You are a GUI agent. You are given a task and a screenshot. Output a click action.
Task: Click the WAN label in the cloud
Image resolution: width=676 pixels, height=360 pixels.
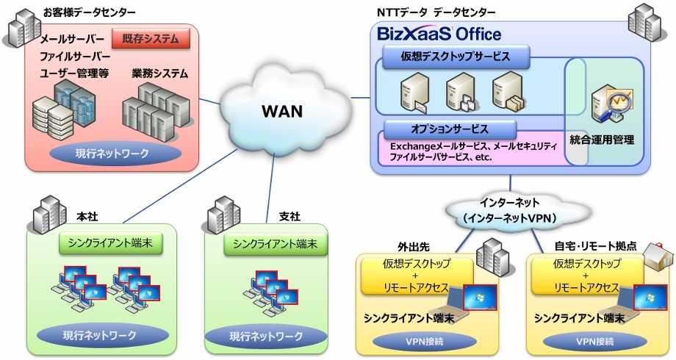click(x=282, y=111)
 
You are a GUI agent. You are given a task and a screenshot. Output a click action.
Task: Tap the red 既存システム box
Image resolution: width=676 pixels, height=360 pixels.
click(x=151, y=39)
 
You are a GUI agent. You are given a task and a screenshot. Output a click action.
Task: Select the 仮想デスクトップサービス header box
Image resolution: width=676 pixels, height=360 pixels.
click(x=456, y=57)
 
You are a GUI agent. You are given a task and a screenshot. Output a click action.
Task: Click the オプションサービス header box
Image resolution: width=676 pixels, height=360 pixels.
click(x=450, y=129)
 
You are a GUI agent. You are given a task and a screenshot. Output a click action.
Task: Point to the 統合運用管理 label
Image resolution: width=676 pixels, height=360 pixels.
click(x=602, y=140)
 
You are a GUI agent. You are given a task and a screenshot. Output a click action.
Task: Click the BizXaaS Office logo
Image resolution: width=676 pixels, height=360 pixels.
click(x=439, y=34)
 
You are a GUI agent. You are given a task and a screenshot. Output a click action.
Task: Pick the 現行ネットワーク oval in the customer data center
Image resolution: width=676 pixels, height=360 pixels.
click(x=112, y=154)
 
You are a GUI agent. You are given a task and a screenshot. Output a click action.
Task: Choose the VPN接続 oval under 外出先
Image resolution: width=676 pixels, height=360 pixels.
click(x=424, y=342)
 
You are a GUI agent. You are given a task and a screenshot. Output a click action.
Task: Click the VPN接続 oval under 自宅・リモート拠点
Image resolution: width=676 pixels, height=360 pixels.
click(x=595, y=342)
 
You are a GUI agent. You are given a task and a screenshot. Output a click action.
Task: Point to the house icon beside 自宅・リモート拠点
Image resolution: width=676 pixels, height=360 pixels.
click(x=658, y=256)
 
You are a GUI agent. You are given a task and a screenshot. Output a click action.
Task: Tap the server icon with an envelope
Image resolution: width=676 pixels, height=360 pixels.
click(x=414, y=93)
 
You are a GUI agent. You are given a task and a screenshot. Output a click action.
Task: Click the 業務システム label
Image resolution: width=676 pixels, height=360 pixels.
click(x=160, y=73)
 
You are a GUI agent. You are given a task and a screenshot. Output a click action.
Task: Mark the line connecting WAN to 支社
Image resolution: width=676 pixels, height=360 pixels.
click(x=270, y=189)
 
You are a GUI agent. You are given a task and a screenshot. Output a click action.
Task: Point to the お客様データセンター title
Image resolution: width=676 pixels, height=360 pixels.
click(x=89, y=12)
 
